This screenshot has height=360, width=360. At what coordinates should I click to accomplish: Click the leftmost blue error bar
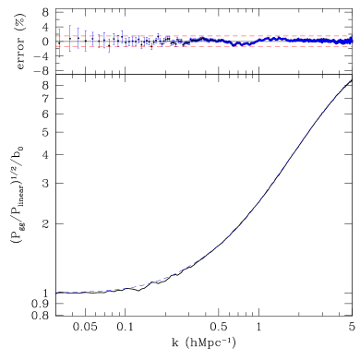[59, 42]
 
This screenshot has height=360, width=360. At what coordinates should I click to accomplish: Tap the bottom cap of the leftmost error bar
[59, 56]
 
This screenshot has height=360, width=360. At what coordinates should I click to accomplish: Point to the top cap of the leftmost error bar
[59, 29]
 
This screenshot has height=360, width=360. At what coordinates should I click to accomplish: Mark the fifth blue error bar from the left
[92, 41]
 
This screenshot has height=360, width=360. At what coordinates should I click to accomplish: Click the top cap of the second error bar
[69, 25]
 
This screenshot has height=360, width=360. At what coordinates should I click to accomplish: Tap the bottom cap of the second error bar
[69, 51]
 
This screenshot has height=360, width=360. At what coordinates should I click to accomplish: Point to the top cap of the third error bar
[78, 28]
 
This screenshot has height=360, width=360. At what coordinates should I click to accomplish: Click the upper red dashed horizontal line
[203, 36]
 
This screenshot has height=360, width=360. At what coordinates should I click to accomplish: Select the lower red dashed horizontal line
[203, 46]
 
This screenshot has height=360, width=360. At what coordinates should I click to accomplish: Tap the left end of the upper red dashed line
[56, 36]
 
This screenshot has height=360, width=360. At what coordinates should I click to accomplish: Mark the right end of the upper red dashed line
[352, 36]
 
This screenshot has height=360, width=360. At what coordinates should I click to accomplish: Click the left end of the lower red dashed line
[56, 46]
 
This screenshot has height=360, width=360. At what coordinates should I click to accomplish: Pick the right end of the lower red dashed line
[352, 46]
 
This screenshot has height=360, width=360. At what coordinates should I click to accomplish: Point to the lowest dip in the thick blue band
[242, 43]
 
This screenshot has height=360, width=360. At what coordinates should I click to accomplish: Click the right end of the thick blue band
[351, 40]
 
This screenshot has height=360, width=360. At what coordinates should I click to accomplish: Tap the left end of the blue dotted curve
[55, 293]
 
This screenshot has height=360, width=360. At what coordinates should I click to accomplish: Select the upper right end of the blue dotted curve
[351, 80]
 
